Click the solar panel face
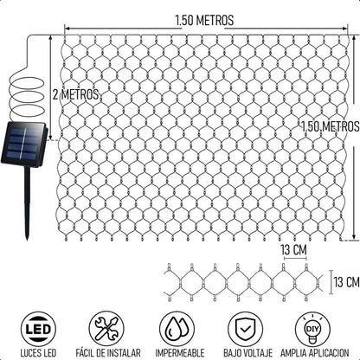[23, 145]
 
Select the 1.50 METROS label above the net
[204, 21]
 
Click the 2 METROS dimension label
[75, 94]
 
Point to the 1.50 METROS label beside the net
[330, 126]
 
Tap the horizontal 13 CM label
[293, 250]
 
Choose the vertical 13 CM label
[346, 282]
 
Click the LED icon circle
[38, 329]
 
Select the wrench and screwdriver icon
[106, 329]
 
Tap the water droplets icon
[177, 329]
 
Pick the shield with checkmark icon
[246, 329]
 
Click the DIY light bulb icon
[313, 329]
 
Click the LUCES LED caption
[38, 353]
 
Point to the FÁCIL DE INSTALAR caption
[108, 353]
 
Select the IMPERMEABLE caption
[180, 353]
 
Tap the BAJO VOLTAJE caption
[247, 353]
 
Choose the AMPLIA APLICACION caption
[315, 353]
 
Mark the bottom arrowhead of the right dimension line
[354, 237]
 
